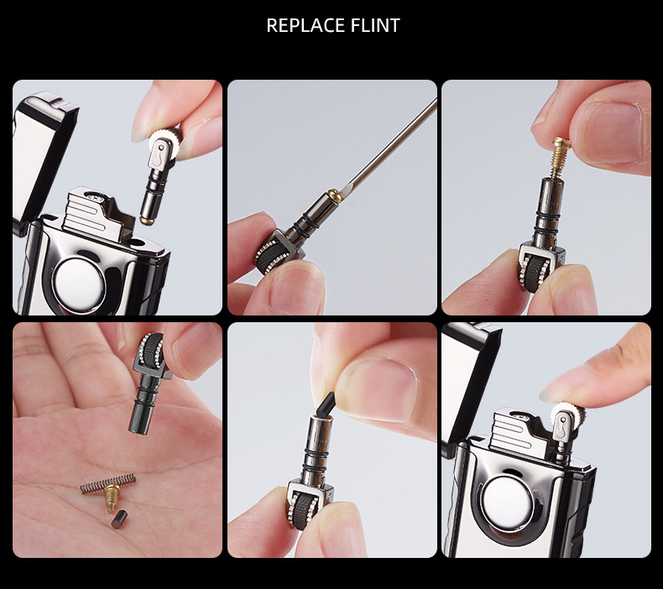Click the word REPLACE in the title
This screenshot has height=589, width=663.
[301, 25]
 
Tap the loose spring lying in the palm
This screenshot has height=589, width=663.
[108, 483]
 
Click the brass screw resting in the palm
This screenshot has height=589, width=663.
[112, 498]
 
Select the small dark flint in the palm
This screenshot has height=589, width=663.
[119, 519]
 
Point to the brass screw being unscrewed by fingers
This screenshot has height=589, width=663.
[560, 157]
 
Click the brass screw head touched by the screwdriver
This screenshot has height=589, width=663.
[336, 195]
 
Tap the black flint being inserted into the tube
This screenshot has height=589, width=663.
[325, 404]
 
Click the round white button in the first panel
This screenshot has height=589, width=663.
[79, 284]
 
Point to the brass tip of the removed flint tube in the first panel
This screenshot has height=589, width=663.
[147, 220]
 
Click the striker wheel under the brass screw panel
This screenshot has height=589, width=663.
[535, 274]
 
